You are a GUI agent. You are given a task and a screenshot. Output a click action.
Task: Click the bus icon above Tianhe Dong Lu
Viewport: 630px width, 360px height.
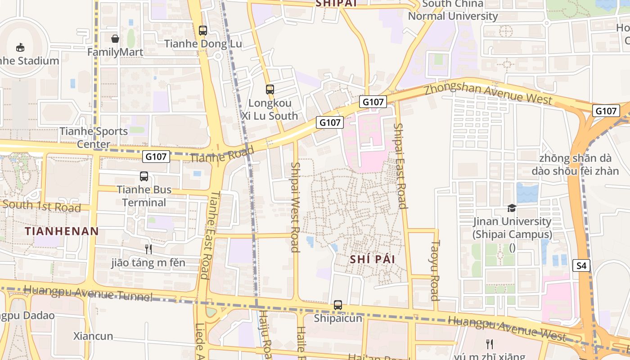click(x=203, y=31)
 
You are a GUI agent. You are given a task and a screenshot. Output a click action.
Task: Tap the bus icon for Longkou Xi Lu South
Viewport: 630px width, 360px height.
click(x=270, y=90)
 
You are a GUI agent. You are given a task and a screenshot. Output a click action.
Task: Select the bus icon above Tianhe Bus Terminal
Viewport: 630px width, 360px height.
click(x=144, y=176)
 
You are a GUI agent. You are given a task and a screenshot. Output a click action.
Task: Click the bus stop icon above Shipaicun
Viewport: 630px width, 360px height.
click(x=338, y=305)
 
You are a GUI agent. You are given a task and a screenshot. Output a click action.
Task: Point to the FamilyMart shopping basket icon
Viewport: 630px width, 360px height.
click(x=115, y=39)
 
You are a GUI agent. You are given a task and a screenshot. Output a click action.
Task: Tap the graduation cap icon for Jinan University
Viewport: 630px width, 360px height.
click(x=512, y=208)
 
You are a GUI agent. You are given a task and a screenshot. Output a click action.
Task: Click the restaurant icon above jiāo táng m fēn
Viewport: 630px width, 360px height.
click(x=148, y=249)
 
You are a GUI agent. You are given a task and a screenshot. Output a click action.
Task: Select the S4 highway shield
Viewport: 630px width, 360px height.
click(x=581, y=265)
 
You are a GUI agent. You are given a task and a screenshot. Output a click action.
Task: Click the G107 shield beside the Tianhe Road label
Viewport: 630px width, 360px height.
click(x=156, y=157)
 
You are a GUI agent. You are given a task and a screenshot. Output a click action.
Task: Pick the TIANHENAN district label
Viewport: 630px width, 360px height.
click(x=62, y=231)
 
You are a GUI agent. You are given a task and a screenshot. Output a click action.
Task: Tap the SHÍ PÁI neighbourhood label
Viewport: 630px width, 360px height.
click(x=372, y=259)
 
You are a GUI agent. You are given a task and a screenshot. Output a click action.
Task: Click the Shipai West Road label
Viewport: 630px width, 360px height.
click(x=295, y=207)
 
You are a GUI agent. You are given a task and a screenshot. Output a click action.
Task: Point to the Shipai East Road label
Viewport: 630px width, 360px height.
click(x=400, y=166)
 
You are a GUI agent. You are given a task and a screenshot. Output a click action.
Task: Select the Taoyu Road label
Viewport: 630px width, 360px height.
click(x=435, y=270)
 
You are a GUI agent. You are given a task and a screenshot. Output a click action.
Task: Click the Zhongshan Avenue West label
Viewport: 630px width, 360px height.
click(x=488, y=92)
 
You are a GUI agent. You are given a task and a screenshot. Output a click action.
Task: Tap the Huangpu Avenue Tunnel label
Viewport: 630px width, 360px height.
click(x=88, y=292)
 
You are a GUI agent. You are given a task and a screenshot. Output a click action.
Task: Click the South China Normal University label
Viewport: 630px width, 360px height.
click(x=453, y=10)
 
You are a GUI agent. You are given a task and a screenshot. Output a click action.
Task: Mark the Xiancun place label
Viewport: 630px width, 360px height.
click(x=93, y=336)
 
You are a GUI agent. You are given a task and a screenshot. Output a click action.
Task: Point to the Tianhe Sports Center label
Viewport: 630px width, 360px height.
click(x=94, y=138)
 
